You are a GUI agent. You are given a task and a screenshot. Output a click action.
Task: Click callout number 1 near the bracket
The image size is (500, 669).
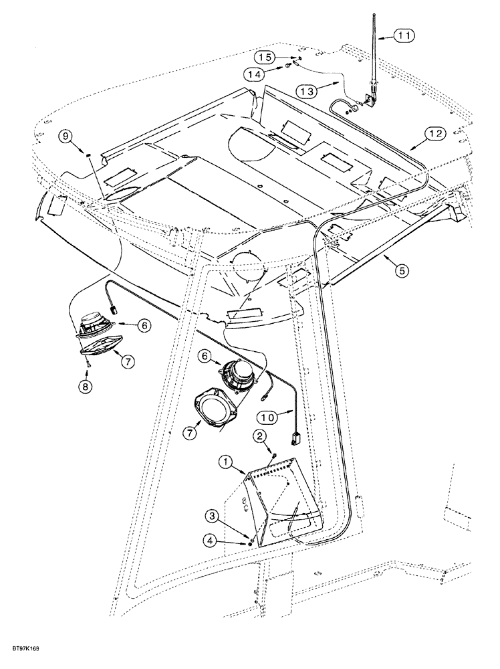point(225,461)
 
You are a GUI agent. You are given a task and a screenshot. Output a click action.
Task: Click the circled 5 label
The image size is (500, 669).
point(400,271)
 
